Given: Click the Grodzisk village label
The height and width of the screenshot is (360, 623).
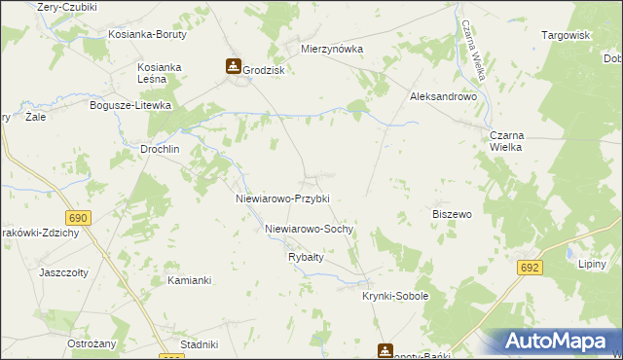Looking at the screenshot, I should pyautogui.click(x=263, y=69).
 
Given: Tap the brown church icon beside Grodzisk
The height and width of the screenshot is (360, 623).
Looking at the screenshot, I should pyautogui.click(x=234, y=67).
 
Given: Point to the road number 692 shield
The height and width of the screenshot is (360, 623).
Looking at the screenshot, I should pyautogui.click(x=530, y=266).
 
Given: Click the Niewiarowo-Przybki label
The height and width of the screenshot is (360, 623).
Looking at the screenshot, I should pyautogui.click(x=283, y=198).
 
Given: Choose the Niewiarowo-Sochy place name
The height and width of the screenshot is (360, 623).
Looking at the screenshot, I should pyautogui.click(x=309, y=230).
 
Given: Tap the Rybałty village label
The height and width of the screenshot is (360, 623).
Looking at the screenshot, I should pyautogui.click(x=306, y=257).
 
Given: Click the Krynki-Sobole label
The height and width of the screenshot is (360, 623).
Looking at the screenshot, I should pyautogui.click(x=395, y=296).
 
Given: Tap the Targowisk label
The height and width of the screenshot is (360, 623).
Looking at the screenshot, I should pyautogui.click(x=567, y=35).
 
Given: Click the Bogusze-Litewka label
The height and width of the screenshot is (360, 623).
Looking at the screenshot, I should pyautogui.click(x=130, y=105).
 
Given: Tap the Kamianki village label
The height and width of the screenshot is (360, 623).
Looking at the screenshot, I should pyautogui.click(x=189, y=280).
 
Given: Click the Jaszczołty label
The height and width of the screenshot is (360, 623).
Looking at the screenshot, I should pyautogui.click(x=65, y=272).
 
